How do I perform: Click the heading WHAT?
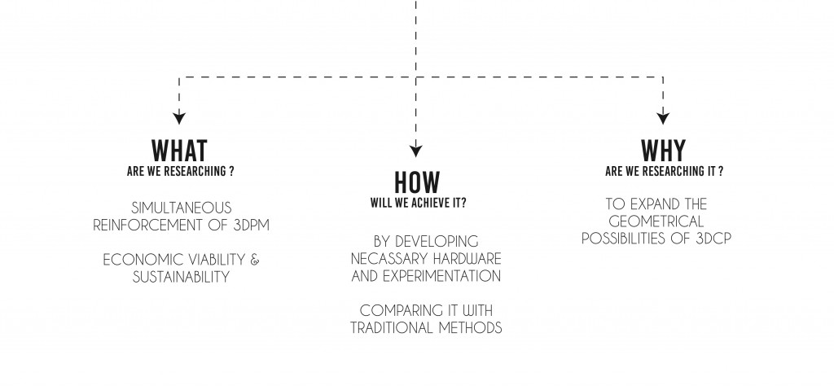click(180, 151)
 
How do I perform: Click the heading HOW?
click(417, 182)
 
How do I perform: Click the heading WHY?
click(663, 151)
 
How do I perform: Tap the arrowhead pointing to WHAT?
click(180, 116)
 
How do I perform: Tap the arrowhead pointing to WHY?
click(663, 116)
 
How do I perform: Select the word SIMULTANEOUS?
click(181, 208)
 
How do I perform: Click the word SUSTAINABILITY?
click(181, 277)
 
